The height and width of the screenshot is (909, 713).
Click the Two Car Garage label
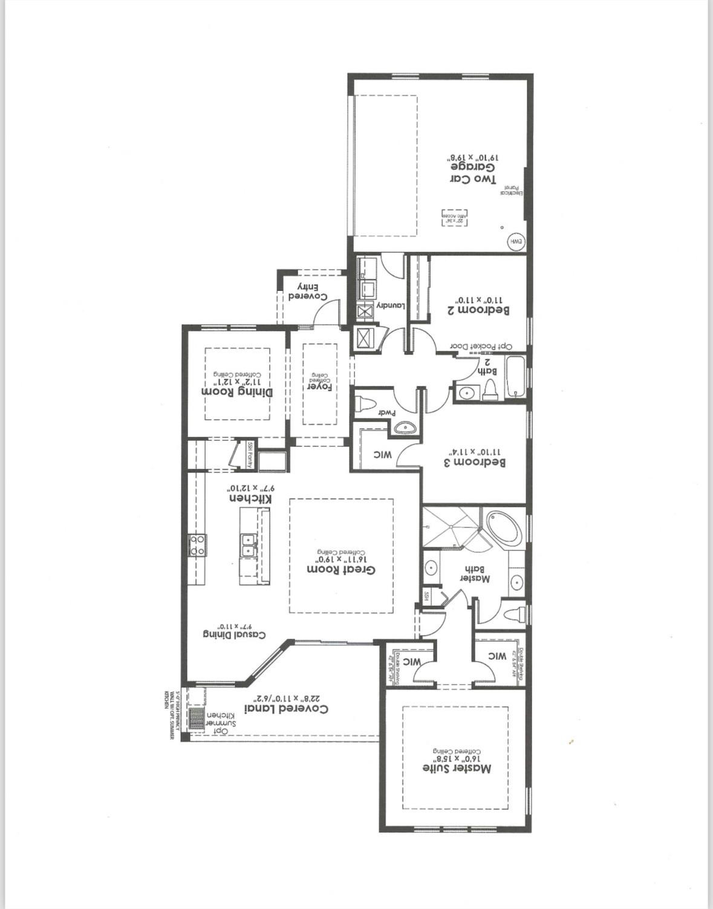[473, 173]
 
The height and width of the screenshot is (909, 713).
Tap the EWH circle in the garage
[516, 241]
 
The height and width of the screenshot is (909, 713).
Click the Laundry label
[391, 305]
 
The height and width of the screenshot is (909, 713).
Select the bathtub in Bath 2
[515, 378]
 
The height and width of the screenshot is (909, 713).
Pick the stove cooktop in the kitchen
[197, 544]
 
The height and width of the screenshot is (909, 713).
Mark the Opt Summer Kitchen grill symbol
[196, 719]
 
